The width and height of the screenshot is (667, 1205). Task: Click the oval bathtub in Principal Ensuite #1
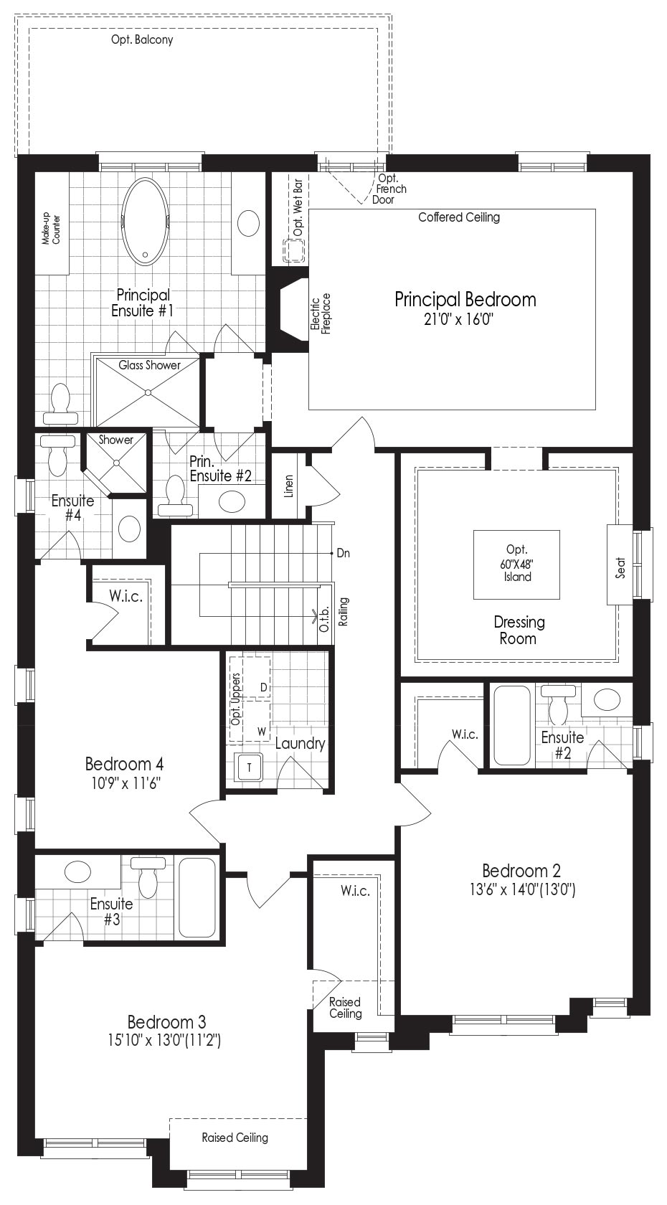pyautogui.click(x=145, y=222)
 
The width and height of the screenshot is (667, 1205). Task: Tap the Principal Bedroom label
pyautogui.click(x=465, y=300)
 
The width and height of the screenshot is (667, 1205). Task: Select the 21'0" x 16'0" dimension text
pyautogui.click(x=459, y=320)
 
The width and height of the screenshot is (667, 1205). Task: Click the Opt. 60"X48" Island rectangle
pyautogui.click(x=516, y=564)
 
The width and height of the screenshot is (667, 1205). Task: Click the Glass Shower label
pyautogui.click(x=149, y=365)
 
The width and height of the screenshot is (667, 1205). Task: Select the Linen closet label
pyautogui.click(x=289, y=486)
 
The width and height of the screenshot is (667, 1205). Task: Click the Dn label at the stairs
pyautogui.click(x=343, y=553)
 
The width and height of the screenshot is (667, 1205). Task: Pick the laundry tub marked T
pyautogui.click(x=248, y=767)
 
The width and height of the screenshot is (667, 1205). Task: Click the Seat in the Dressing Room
pyautogui.click(x=620, y=564)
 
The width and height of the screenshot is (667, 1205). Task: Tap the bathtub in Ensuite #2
pyautogui.click(x=511, y=724)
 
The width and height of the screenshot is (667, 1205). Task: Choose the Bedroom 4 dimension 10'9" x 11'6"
pyautogui.click(x=126, y=783)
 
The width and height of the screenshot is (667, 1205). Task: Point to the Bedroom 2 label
pyautogui.click(x=521, y=870)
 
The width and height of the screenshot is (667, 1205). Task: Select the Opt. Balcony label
pyautogui.click(x=142, y=40)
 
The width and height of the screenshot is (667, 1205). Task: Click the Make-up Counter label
pyautogui.click(x=52, y=229)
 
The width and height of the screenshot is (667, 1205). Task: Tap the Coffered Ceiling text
pyautogui.click(x=459, y=217)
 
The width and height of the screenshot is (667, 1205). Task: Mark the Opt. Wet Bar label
pyautogui.click(x=298, y=208)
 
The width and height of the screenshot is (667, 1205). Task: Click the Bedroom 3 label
pyautogui.click(x=166, y=1021)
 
